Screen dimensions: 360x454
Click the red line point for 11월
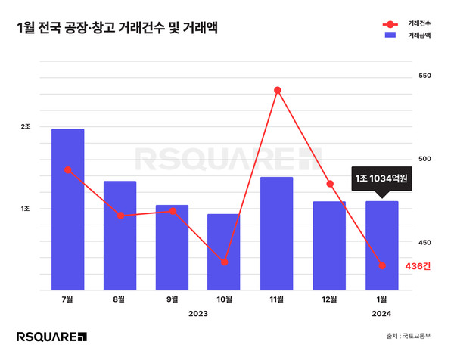tap(278, 91)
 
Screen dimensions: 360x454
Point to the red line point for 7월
tap(68, 170)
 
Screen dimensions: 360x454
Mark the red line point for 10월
tap(225, 262)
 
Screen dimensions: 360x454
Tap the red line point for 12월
tap(330, 184)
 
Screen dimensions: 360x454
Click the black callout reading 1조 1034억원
tap(382, 179)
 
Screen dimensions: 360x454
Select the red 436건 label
tap(418, 266)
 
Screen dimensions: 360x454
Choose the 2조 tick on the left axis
tap(26, 126)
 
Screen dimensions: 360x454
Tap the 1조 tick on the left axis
tap(26, 209)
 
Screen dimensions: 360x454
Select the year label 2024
tap(382, 313)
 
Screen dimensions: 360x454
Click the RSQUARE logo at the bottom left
tap(51, 337)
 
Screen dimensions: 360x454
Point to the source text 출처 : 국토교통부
tap(411, 337)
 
